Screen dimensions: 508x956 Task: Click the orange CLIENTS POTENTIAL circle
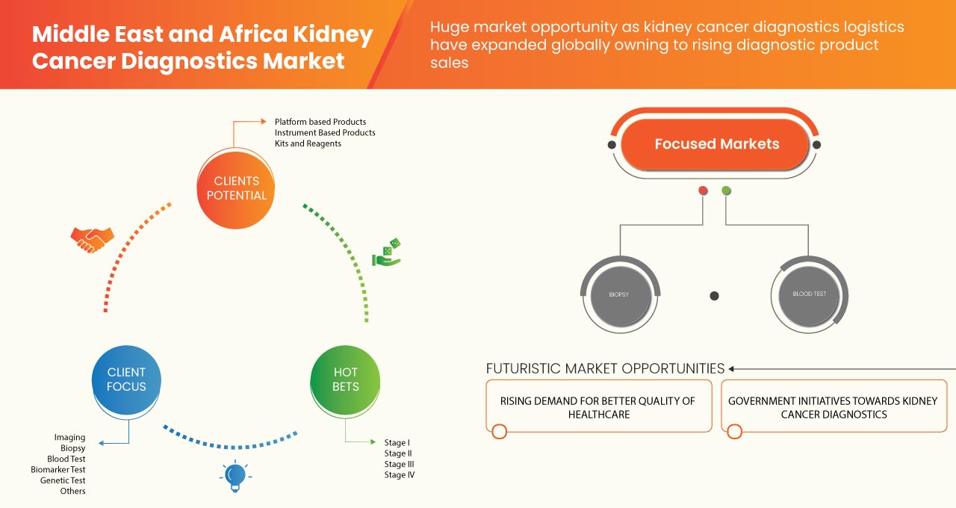click(x=235, y=188)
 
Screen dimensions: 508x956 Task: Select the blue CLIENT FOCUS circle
click(x=126, y=380)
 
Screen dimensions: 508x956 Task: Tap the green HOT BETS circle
click(x=345, y=380)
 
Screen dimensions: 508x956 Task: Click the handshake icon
click(x=92, y=239)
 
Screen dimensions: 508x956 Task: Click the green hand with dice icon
click(x=387, y=253)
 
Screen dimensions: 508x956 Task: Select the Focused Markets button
click(x=716, y=144)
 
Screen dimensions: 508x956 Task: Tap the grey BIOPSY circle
click(x=619, y=294)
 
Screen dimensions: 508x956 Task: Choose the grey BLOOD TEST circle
click(x=809, y=294)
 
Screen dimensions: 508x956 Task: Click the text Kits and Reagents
click(x=308, y=143)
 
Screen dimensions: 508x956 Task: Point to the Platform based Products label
click(x=320, y=122)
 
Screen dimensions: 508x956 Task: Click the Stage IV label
click(x=399, y=475)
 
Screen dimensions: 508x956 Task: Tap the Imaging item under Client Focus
click(x=69, y=438)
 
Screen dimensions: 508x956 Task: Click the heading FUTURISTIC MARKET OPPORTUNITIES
click(x=605, y=368)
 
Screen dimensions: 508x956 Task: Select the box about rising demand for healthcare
click(x=597, y=407)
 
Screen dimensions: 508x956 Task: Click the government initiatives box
click(x=833, y=407)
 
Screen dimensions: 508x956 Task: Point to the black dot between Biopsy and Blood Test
click(x=714, y=296)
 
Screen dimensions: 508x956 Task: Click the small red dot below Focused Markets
click(x=703, y=191)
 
